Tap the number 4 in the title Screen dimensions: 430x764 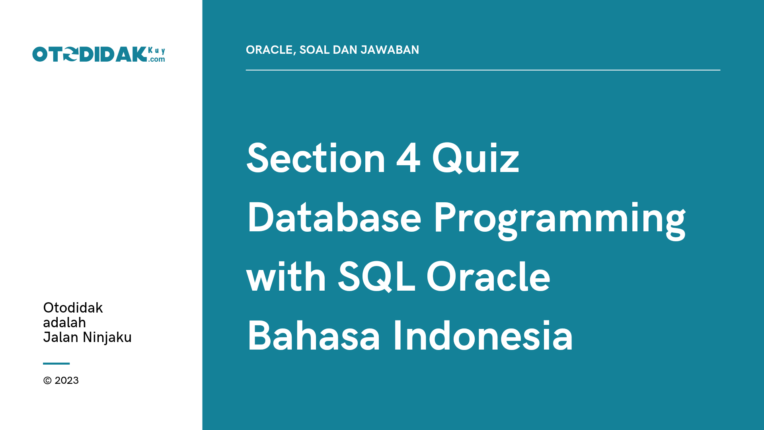tap(408, 159)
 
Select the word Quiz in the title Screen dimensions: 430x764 tap(476, 159)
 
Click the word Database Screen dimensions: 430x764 tap(334, 218)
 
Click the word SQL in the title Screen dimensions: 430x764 tap(376, 277)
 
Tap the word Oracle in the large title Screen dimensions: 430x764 tap(488, 277)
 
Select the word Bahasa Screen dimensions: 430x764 tap(314, 336)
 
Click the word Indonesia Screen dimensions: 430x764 tap(483, 336)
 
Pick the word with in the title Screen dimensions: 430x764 tap(286, 277)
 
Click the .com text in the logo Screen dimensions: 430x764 tap(157, 59)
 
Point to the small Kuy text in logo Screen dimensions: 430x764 tap(156, 51)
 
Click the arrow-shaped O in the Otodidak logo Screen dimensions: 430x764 tap(70, 55)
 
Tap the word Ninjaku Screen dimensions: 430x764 tap(107, 338)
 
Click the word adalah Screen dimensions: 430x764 tap(64, 322)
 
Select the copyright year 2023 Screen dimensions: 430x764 tap(66, 381)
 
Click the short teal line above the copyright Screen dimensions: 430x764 tap(56, 364)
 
